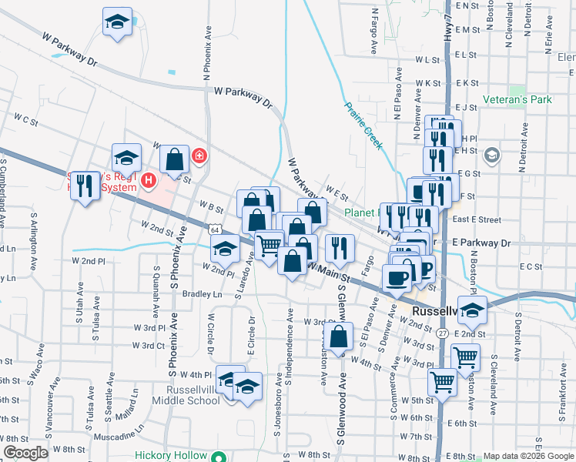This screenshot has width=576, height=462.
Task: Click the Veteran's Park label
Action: [x=518, y=100]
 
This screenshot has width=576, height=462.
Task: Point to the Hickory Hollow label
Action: [x=171, y=455]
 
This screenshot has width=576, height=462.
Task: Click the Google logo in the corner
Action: [x=26, y=453]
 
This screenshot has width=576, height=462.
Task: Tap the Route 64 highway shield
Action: [x=213, y=230]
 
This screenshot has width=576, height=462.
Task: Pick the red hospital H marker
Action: [x=149, y=182]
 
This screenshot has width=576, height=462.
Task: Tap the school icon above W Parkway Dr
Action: [x=117, y=22]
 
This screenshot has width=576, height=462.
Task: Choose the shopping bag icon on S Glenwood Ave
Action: [x=339, y=336]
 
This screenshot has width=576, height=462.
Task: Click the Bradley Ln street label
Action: [x=202, y=293]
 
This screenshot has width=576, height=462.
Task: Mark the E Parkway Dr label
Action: [x=481, y=243]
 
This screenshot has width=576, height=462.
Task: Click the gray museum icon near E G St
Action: [x=490, y=156]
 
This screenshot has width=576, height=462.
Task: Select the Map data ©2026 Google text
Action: [x=528, y=456]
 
